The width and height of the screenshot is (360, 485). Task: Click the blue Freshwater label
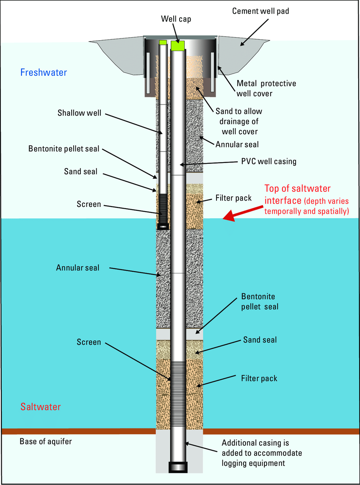pyautogui.click(x=44, y=72)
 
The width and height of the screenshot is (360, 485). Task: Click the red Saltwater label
pyautogui.click(x=41, y=407)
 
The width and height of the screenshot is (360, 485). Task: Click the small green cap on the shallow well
pyautogui.click(x=163, y=42)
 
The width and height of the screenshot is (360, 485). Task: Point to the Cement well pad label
pyautogui.click(x=260, y=11)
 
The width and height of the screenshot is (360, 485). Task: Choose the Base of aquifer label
pyautogui.click(x=46, y=441)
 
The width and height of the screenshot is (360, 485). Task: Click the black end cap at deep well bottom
pyautogui.click(x=178, y=467)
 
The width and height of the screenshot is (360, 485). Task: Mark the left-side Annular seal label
pyautogui.click(x=78, y=267)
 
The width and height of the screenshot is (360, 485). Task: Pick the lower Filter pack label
pyautogui.click(x=259, y=378)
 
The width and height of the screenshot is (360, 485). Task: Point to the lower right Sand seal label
pyautogui.click(x=260, y=339)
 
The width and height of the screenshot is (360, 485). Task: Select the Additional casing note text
pyautogui.click(x=255, y=453)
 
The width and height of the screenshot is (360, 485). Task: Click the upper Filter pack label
pyautogui.click(x=233, y=198)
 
